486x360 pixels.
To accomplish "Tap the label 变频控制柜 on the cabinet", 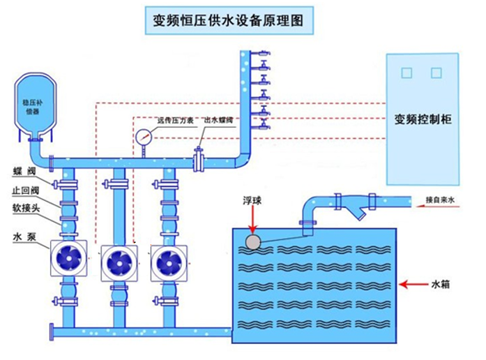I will click(423, 119).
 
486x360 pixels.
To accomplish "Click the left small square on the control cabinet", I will click(407, 73).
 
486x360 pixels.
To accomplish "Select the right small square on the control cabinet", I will click(436, 73).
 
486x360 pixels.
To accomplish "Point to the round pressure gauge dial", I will click(144, 136).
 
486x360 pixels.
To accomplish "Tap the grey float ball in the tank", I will click(252, 242).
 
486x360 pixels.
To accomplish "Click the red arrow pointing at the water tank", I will click(413, 284).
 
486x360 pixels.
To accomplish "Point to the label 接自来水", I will click(440, 200).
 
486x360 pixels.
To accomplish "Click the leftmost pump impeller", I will click(68, 261).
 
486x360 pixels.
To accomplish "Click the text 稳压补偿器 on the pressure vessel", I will click(31, 105).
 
